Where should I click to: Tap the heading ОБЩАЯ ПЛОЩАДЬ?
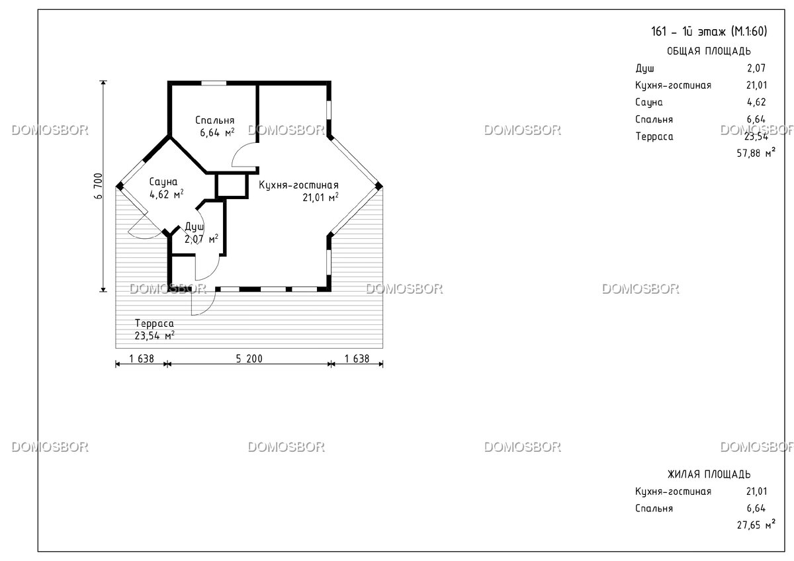click(709, 52)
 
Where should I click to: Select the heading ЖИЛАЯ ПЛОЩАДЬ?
click(709, 474)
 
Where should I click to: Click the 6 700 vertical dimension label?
click(99, 186)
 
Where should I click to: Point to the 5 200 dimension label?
click(249, 359)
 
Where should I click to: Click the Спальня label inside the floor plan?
click(215, 120)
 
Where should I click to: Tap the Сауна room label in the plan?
click(163, 182)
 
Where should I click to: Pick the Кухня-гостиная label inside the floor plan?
click(298, 185)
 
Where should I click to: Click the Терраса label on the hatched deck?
click(154, 324)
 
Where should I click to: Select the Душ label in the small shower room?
click(195, 227)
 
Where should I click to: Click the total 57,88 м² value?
click(756, 153)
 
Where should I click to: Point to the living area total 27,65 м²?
click(756, 525)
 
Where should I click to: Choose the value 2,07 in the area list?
click(756, 68)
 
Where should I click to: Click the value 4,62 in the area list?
click(756, 102)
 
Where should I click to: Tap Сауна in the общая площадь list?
click(648, 102)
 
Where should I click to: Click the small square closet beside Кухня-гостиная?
click(232, 185)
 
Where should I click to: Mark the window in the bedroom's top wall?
click(214, 83)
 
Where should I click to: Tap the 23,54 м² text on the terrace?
click(155, 335)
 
